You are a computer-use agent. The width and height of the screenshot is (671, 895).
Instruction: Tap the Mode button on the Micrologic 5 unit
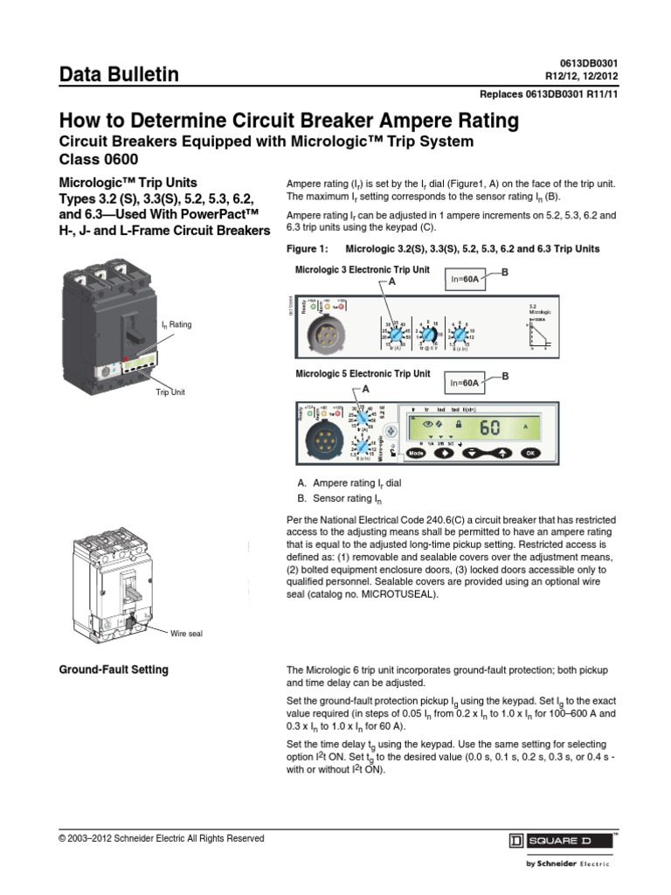click(416, 454)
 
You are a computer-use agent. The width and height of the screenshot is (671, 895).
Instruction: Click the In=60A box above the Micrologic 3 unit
click(465, 279)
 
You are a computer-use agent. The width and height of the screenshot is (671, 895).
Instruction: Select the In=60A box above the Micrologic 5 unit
click(465, 382)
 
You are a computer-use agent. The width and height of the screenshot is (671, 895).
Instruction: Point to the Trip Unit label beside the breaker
click(172, 393)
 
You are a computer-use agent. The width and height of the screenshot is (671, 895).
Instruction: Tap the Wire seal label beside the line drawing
click(186, 634)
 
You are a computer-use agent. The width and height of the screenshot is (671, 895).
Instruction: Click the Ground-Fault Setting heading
click(114, 670)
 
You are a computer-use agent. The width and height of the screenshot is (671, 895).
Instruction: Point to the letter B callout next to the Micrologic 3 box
click(503, 273)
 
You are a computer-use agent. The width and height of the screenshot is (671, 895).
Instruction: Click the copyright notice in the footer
click(161, 838)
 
